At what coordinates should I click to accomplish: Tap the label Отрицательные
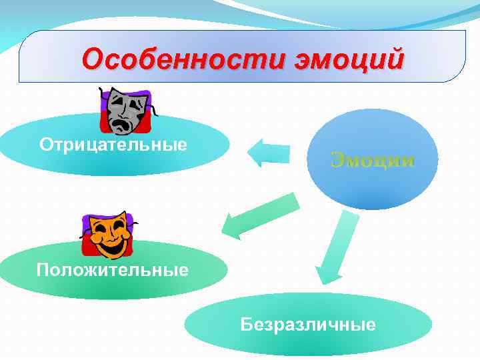(113, 144)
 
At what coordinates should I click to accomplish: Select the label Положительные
(113, 270)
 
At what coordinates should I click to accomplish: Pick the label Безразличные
(308, 325)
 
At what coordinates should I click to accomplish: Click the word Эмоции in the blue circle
(373, 161)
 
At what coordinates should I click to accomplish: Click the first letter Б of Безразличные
(247, 325)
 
